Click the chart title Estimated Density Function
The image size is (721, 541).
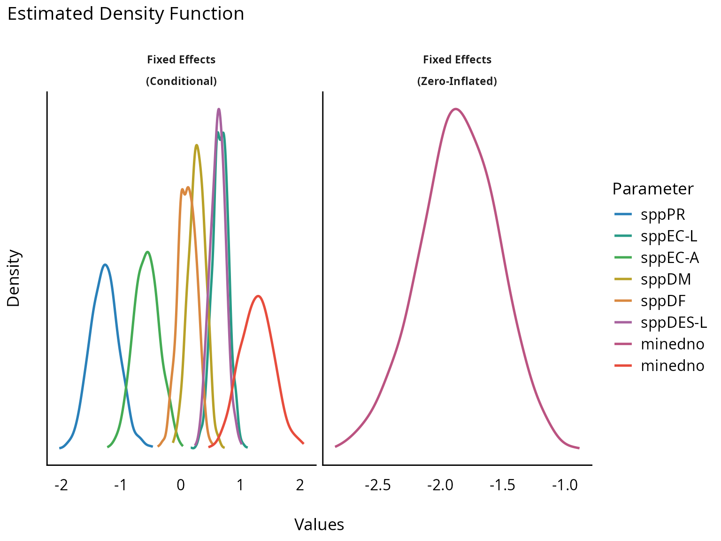click(126, 14)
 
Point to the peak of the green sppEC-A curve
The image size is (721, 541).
click(148, 252)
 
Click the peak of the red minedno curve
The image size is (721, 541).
click(258, 296)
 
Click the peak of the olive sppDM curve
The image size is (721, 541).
click(196, 145)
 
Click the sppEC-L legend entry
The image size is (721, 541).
click(669, 236)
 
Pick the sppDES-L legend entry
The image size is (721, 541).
click(674, 323)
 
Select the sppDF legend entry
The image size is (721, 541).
click(663, 301)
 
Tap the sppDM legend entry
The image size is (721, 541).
click(666, 279)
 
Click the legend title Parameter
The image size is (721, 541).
click(653, 189)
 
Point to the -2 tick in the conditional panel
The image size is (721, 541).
click(61, 485)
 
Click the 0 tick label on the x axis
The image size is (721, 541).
click(181, 485)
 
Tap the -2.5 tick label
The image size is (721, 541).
click(377, 485)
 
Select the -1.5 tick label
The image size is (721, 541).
click(502, 485)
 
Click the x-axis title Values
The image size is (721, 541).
click(319, 525)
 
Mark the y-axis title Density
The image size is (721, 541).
click(14, 278)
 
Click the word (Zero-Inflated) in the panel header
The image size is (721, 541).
click(457, 81)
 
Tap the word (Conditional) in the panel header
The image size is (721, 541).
click(181, 81)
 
